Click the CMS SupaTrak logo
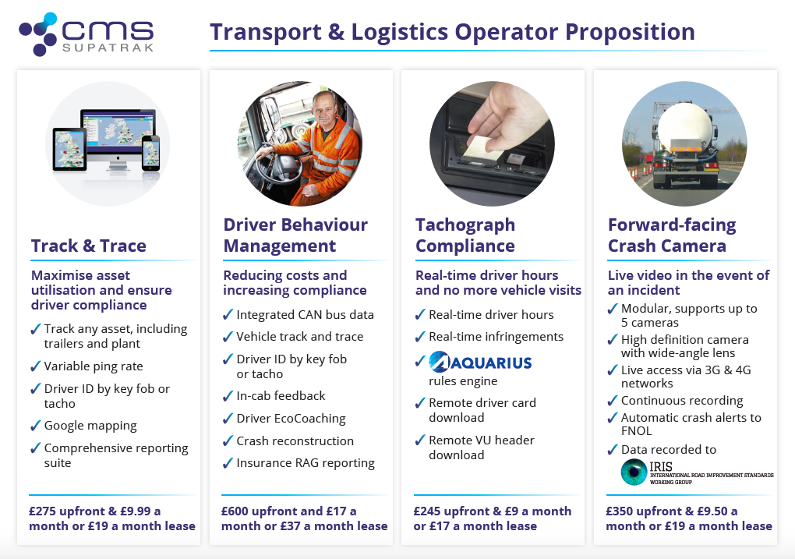click(x=87, y=34)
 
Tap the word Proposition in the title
click(x=630, y=32)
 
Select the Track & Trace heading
click(x=89, y=246)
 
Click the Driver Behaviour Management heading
click(x=295, y=235)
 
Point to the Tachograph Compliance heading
click(x=465, y=235)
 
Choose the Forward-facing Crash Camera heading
click(x=672, y=235)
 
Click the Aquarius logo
click(x=480, y=363)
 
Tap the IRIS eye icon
click(x=634, y=472)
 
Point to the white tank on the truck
click(x=684, y=125)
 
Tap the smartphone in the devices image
click(x=150, y=153)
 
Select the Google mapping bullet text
click(x=90, y=426)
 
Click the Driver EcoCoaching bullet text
click(x=291, y=419)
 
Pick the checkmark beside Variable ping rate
click(x=36, y=366)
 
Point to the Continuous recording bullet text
click(x=682, y=402)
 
